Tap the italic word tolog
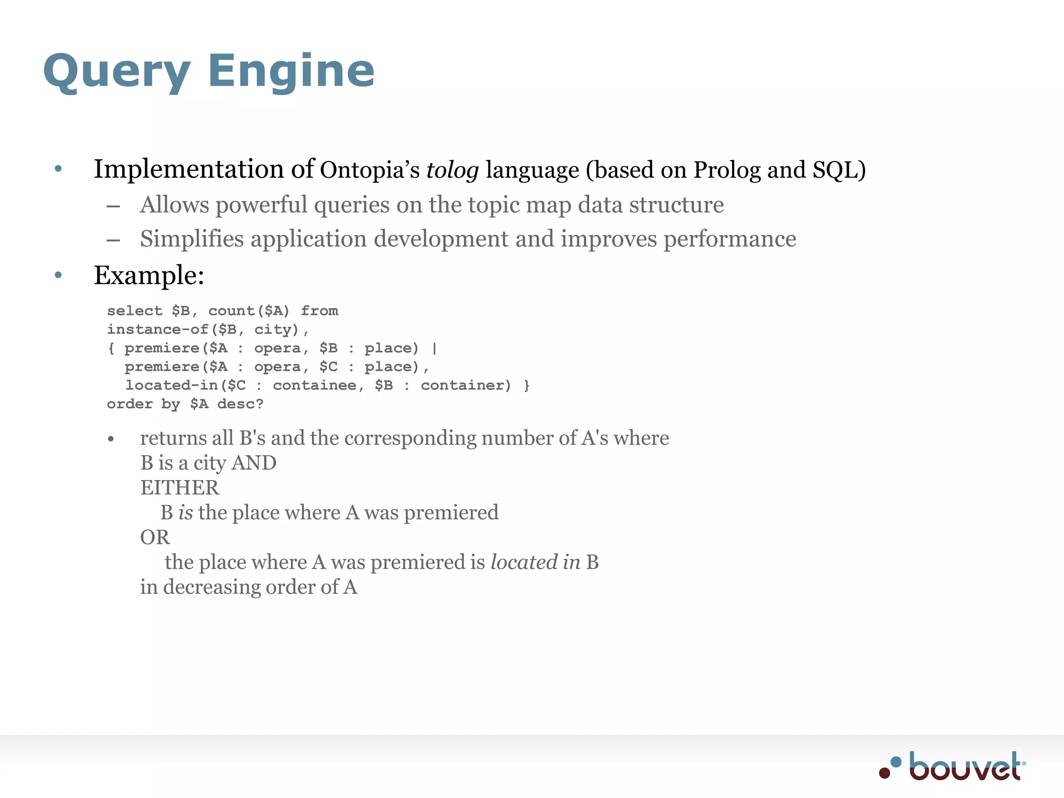click(x=452, y=170)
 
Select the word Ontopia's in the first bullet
click(x=369, y=170)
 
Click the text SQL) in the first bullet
click(x=839, y=170)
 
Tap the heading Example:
click(x=149, y=275)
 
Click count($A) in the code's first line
click(x=249, y=311)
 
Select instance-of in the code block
click(x=157, y=329)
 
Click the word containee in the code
click(x=314, y=385)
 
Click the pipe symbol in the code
click(x=434, y=348)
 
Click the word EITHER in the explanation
click(x=180, y=488)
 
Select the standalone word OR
click(x=155, y=538)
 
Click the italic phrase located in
click(x=535, y=562)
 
